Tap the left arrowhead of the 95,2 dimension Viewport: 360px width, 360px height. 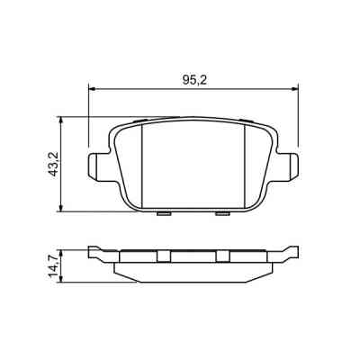(x=91, y=88)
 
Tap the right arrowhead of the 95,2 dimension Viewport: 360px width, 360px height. (x=295, y=88)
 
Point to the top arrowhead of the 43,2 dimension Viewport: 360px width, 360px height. (x=61, y=118)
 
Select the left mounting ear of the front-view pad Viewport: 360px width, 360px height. (x=96, y=166)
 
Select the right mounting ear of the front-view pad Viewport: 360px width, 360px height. (x=290, y=166)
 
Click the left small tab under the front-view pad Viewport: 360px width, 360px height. (x=163, y=213)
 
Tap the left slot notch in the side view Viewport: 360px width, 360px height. (x=163, y=256)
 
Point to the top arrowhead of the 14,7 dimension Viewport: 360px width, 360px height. (x=61, y=249)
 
